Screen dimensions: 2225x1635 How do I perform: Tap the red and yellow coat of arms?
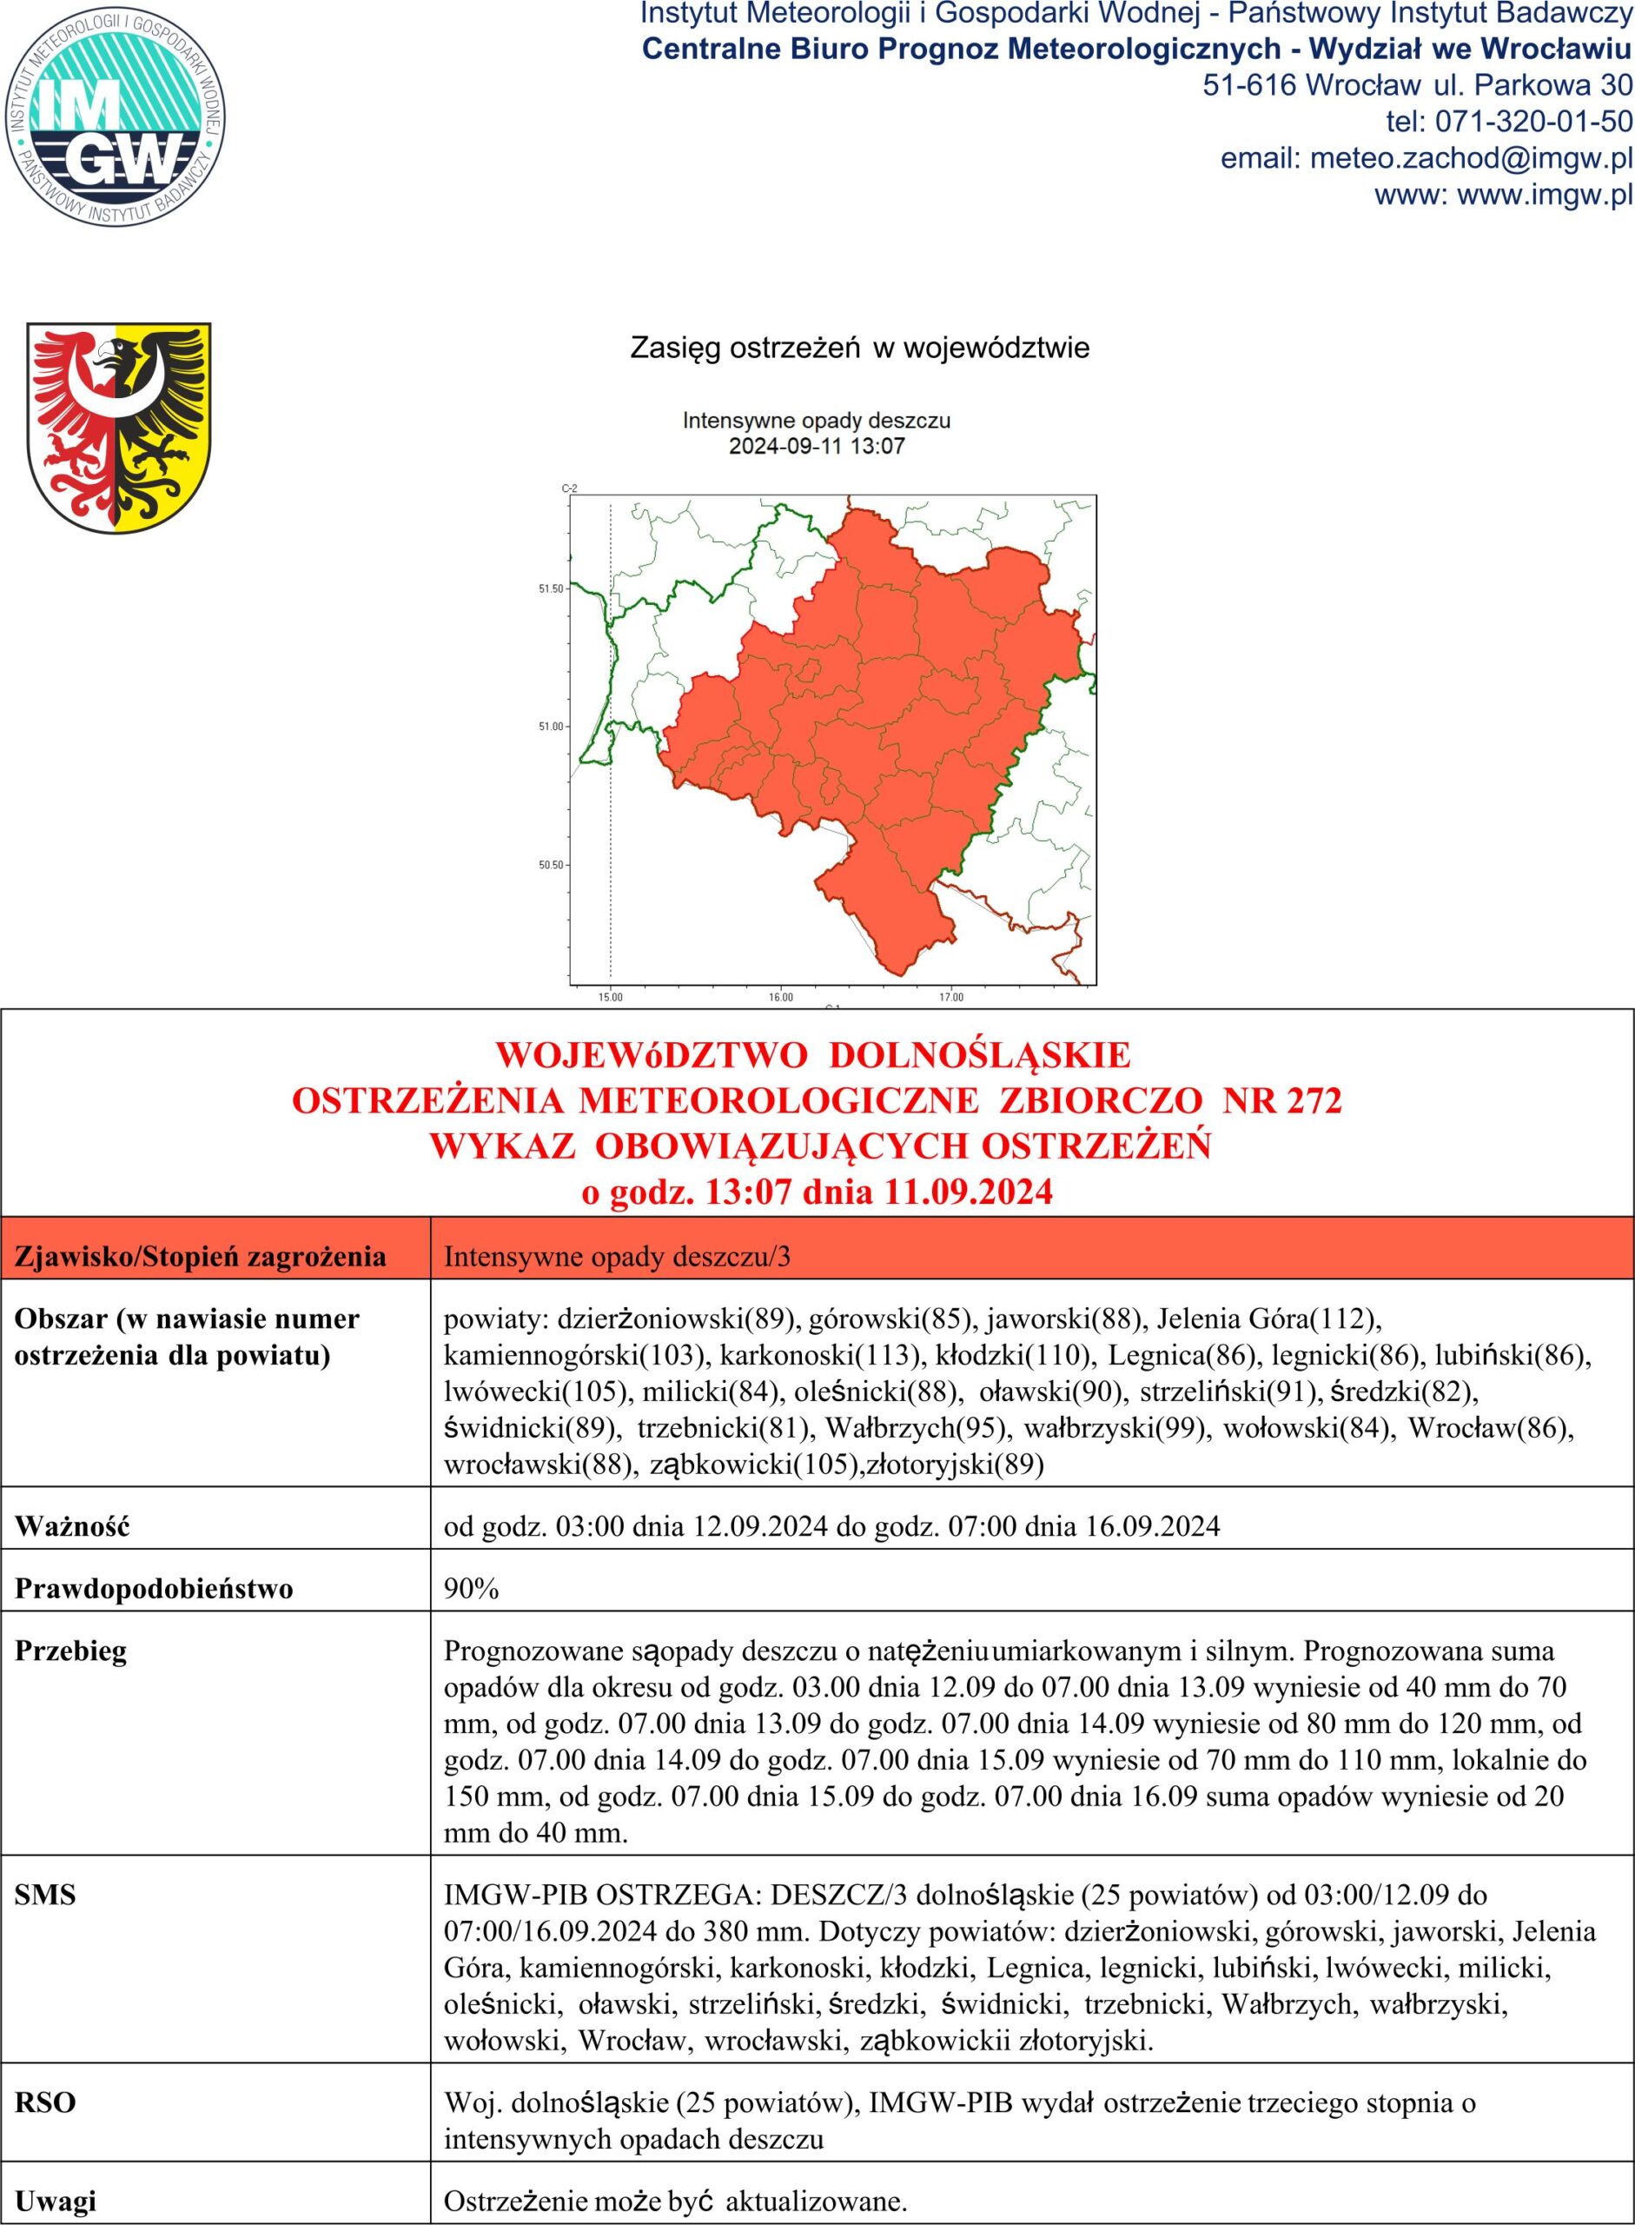coord(119,426)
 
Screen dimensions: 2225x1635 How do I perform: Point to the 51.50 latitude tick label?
coord(550,589)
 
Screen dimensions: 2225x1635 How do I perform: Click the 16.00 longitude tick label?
coord(781,997)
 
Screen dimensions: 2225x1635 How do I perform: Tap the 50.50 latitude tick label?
coord(550,866)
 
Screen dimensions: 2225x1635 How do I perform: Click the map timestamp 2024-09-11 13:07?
coord(817,447)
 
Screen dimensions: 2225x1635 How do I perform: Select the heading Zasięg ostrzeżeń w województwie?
coord(859,349)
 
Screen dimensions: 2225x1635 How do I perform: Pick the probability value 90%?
coord(471,1590)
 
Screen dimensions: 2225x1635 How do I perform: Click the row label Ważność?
coord(72,1527)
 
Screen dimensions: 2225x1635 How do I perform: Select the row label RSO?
coord(45,2103)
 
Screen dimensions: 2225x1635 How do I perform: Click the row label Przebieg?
coord(71,1651)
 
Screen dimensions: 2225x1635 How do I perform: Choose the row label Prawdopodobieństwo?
coord(154,1590)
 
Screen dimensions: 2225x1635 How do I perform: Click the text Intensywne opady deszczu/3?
coord(617,1258)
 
